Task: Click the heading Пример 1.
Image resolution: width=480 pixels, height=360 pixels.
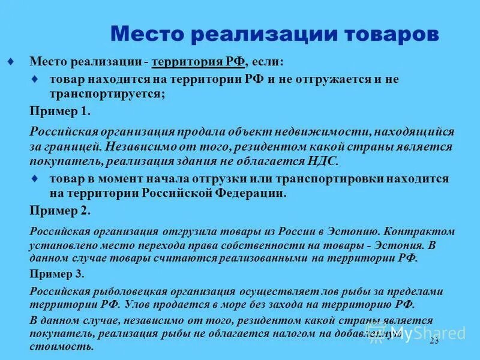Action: (x=60, y=111)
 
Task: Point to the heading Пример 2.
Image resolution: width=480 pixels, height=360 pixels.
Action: (x=60, y=210)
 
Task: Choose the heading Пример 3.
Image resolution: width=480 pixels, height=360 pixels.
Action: (x=57, y=274)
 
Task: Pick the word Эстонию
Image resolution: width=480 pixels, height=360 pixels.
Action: (x=353, y=232)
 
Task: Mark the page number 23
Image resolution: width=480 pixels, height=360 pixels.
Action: (x=434, y=341)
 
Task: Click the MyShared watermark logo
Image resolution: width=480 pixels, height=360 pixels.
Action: (x=420, y=334)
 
